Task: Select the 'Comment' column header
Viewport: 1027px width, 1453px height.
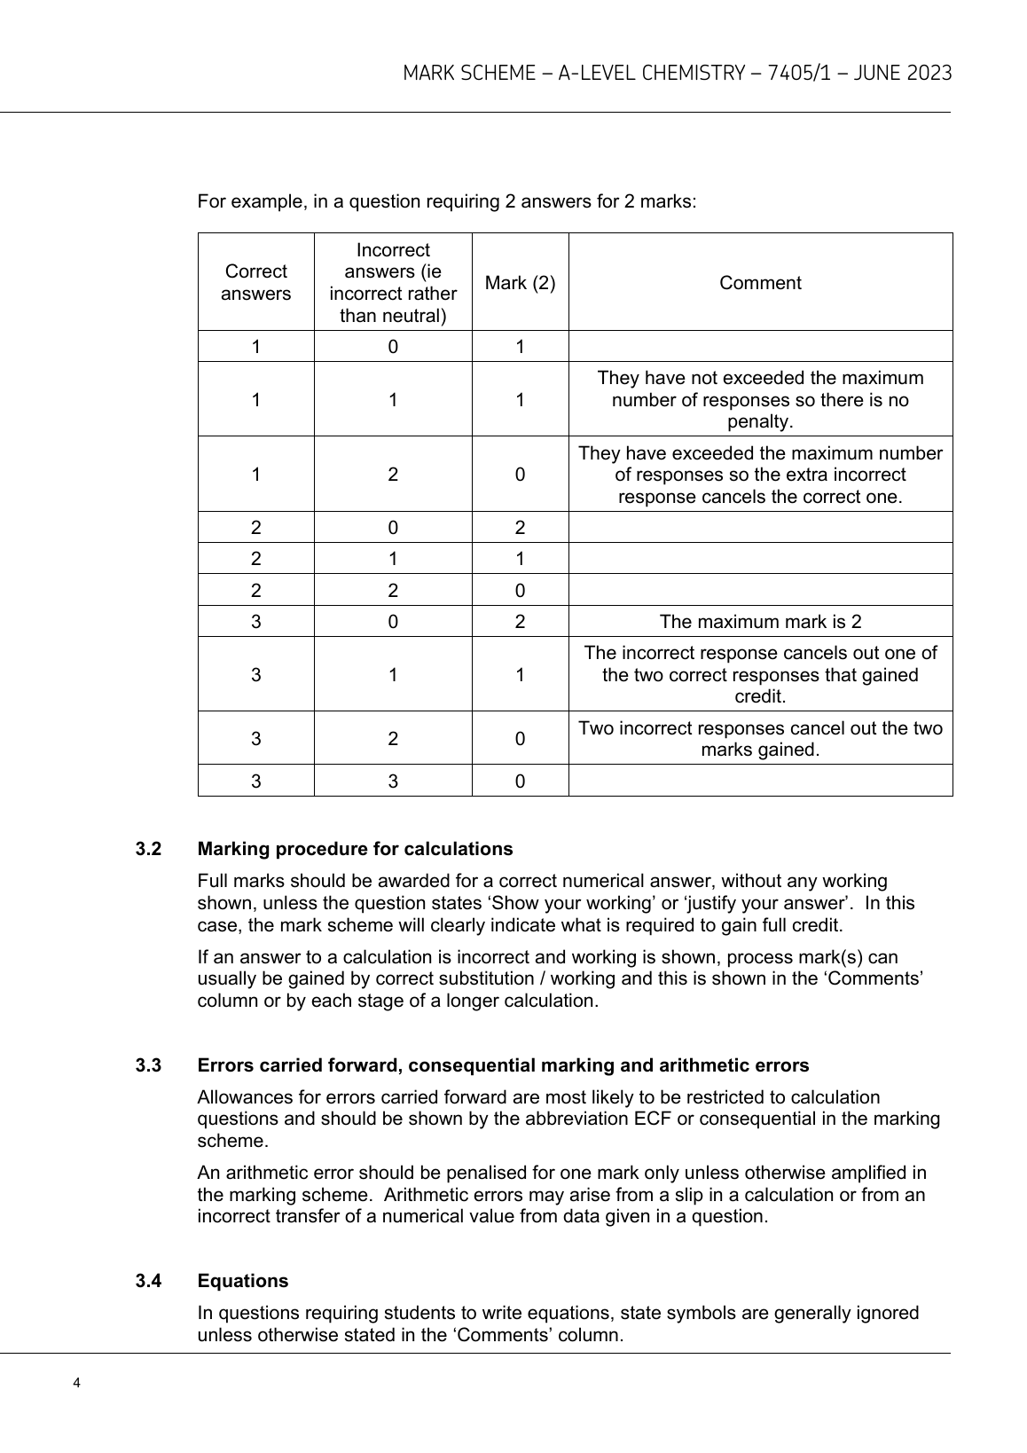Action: (x=760, y=283)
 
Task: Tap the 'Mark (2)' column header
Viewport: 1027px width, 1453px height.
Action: (x=520, y=283)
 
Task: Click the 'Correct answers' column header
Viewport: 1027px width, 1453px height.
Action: (x=255, y=283)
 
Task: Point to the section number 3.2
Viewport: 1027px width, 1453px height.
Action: (x=148, y=849)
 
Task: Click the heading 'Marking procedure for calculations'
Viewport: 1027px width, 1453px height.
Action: (x=355, y=849)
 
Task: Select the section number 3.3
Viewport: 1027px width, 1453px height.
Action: (x=148, y=1065)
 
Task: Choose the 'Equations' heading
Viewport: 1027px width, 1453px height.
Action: (x=243, y=1281)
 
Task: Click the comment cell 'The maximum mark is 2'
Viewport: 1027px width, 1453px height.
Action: (x=760, y=622)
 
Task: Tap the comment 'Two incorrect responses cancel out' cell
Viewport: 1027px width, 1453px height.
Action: (x=760, y=739)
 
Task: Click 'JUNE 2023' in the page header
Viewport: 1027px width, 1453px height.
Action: (x=903, y=73)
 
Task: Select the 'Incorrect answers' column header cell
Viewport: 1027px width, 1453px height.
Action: (x=393, y=283)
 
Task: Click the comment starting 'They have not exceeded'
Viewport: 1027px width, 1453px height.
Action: (x=760, y=399)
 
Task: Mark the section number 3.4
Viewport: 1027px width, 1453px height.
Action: (x=148, y=1281)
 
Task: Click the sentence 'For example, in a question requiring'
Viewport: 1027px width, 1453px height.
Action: (x=447, y=201)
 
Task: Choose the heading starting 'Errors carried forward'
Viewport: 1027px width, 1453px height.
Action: (x=503, y=1065)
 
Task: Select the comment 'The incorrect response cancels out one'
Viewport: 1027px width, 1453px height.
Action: (x=760, y=675)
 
